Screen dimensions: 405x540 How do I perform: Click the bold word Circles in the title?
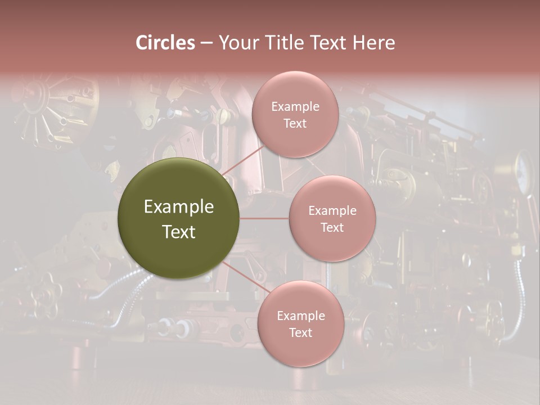coord(165,43)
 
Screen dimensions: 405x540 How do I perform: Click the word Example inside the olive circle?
coord(179,207)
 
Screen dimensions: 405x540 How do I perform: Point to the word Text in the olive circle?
coord(179,232)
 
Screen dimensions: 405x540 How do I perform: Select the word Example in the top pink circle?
coord(295,107)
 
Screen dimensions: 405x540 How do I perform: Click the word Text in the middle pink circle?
coord(332,228)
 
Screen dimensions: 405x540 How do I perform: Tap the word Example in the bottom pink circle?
coord(300,316)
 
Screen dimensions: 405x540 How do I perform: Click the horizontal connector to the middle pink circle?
coord(264,218)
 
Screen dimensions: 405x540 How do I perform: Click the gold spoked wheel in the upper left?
coord(42,110)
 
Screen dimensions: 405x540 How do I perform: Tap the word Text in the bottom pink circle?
coord(300,333)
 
